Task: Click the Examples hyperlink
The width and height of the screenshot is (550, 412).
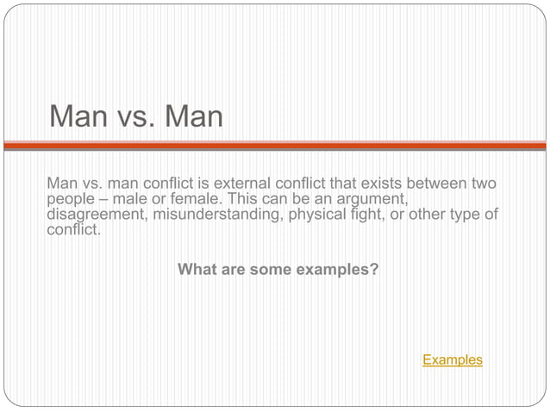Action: [x=452, y=359]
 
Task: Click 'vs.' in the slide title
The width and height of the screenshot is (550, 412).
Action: [x=134, y=116]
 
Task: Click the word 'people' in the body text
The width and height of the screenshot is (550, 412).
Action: [x=70, y=199]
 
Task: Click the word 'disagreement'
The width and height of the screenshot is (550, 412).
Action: [x=97, y=215]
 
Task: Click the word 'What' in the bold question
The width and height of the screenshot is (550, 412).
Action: [x=196, y=270]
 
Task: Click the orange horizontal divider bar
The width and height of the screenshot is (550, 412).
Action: [x=275, y=146]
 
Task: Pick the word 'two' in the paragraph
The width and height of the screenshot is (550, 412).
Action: [x=484, y=184]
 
